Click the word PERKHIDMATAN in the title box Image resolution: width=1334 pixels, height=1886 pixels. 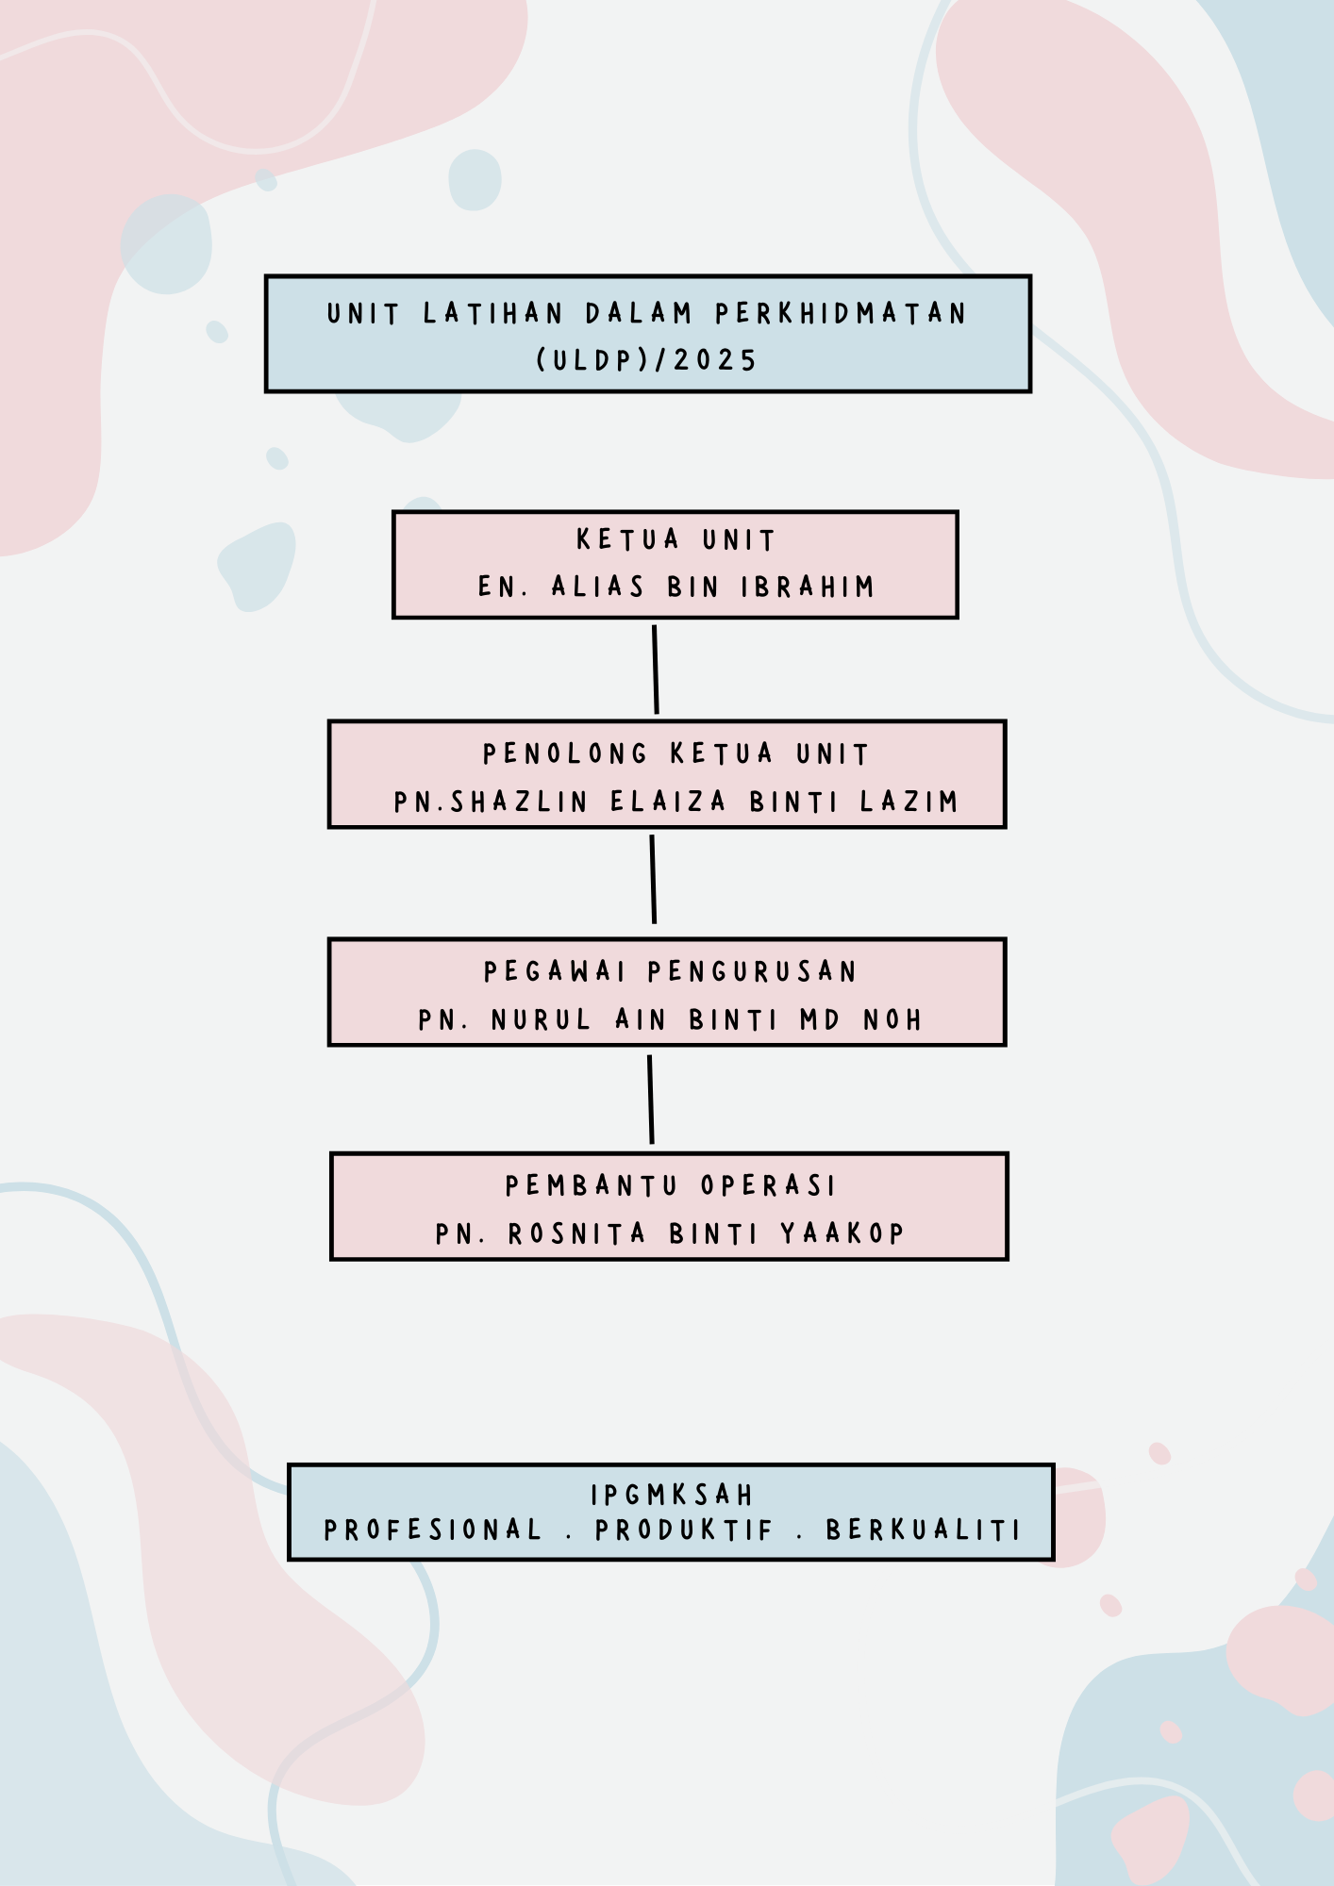(841, 313)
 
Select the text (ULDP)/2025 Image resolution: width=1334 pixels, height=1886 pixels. (647, 360)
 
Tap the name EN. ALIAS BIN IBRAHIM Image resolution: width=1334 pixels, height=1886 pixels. (676, 587)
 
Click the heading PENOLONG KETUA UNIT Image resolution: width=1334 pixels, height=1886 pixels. (675, 753)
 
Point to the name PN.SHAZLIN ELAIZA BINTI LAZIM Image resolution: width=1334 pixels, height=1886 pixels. (675, 802)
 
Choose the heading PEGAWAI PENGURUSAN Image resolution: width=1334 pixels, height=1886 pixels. (670, 971)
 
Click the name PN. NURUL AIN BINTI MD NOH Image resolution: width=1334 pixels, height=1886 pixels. (670, 1019)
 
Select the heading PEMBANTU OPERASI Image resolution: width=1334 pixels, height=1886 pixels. (671, 1185)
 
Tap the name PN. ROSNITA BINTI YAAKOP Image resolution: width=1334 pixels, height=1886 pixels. (670, 1233)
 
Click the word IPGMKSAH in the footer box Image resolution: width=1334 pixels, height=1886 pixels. (672, 1495)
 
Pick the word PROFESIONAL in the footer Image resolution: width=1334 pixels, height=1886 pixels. (433, 1530)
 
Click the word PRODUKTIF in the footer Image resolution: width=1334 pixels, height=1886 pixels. (684, 1530)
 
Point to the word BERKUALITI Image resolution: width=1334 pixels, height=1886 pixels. (924, 1530)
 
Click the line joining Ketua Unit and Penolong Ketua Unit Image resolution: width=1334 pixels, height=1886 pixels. (656, 670)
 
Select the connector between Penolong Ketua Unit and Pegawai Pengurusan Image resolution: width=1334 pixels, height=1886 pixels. (653, 879)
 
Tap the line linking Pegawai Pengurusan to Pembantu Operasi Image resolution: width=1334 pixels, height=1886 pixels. (650, 1100)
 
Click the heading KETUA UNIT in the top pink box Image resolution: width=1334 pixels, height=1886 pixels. (675, 539)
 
